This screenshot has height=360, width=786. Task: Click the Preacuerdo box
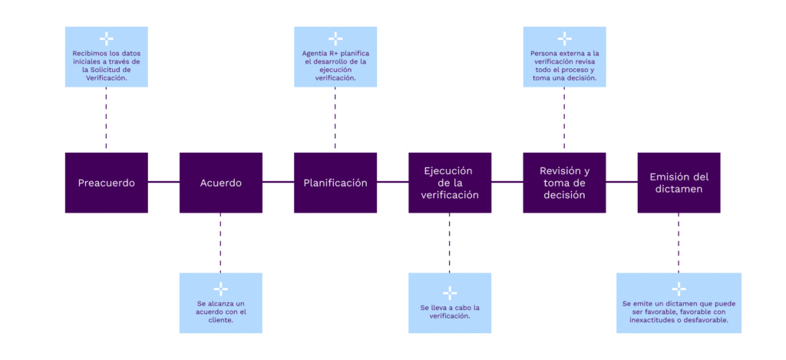(x=106, y=183)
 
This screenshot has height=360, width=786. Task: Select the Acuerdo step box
(x=220, y=183)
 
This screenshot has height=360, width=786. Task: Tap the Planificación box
(x=335, y=183)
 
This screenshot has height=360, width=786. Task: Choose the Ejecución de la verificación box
(x=449, y=183)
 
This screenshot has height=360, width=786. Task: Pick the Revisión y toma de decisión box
(x=564, y=183)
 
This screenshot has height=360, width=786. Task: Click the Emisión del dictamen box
(x=679, y=183)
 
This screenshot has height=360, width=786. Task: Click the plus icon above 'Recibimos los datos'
(x=106, y=38)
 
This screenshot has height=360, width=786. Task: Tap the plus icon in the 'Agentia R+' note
(x=335, y=38)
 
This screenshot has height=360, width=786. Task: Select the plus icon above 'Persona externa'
(x=564, y=38)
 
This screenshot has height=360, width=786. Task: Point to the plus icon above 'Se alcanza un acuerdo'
(x=220, y=289)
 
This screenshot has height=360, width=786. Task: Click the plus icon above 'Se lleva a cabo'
(x=449, y=292)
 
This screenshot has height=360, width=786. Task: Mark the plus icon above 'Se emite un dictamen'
(x=679, y=289)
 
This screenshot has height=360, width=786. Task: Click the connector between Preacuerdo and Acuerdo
(x=163, y=183)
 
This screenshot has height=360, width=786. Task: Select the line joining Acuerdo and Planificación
(x=277, y=183)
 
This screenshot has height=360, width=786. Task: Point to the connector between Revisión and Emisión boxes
(x=622, y=183)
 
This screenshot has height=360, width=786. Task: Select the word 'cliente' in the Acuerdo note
(x=220, y=320)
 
